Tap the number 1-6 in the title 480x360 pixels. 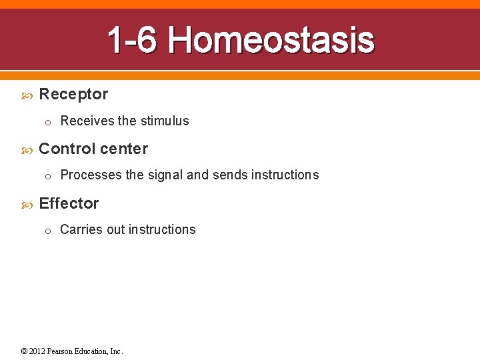pos(132,40)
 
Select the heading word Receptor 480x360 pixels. pos(73,94)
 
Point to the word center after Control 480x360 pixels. pos(123,149)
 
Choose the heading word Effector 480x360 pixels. pos(69,203)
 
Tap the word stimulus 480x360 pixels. pos(164,121)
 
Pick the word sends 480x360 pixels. pos(230,175)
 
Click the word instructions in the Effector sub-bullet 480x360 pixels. pos(162,229)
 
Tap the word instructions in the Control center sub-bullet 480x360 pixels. pos(285,175)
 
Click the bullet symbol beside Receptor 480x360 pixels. pos(27,95)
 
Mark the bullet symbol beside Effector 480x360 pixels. pos(27,205)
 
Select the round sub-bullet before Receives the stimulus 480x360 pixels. pos(48,122)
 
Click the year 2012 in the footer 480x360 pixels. pos(37,351)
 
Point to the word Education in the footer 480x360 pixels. pos(92,351)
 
